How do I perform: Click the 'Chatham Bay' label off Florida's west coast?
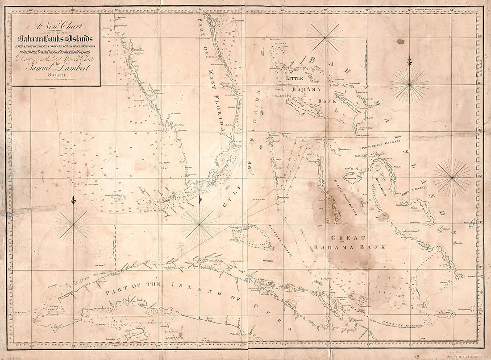tap(166, 166)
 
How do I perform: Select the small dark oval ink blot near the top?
tap(400, 42)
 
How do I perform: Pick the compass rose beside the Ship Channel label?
tap(452, 178)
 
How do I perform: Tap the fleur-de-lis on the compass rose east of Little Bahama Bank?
tap(409, 62)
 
